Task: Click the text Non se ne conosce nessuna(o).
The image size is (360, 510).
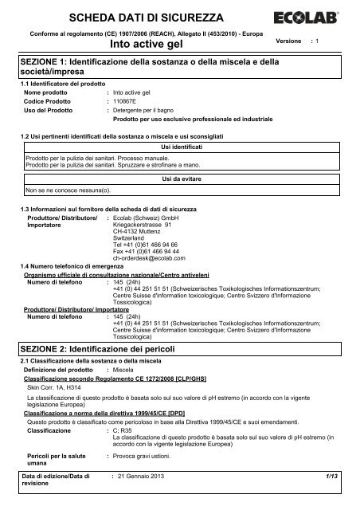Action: [65, 191]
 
